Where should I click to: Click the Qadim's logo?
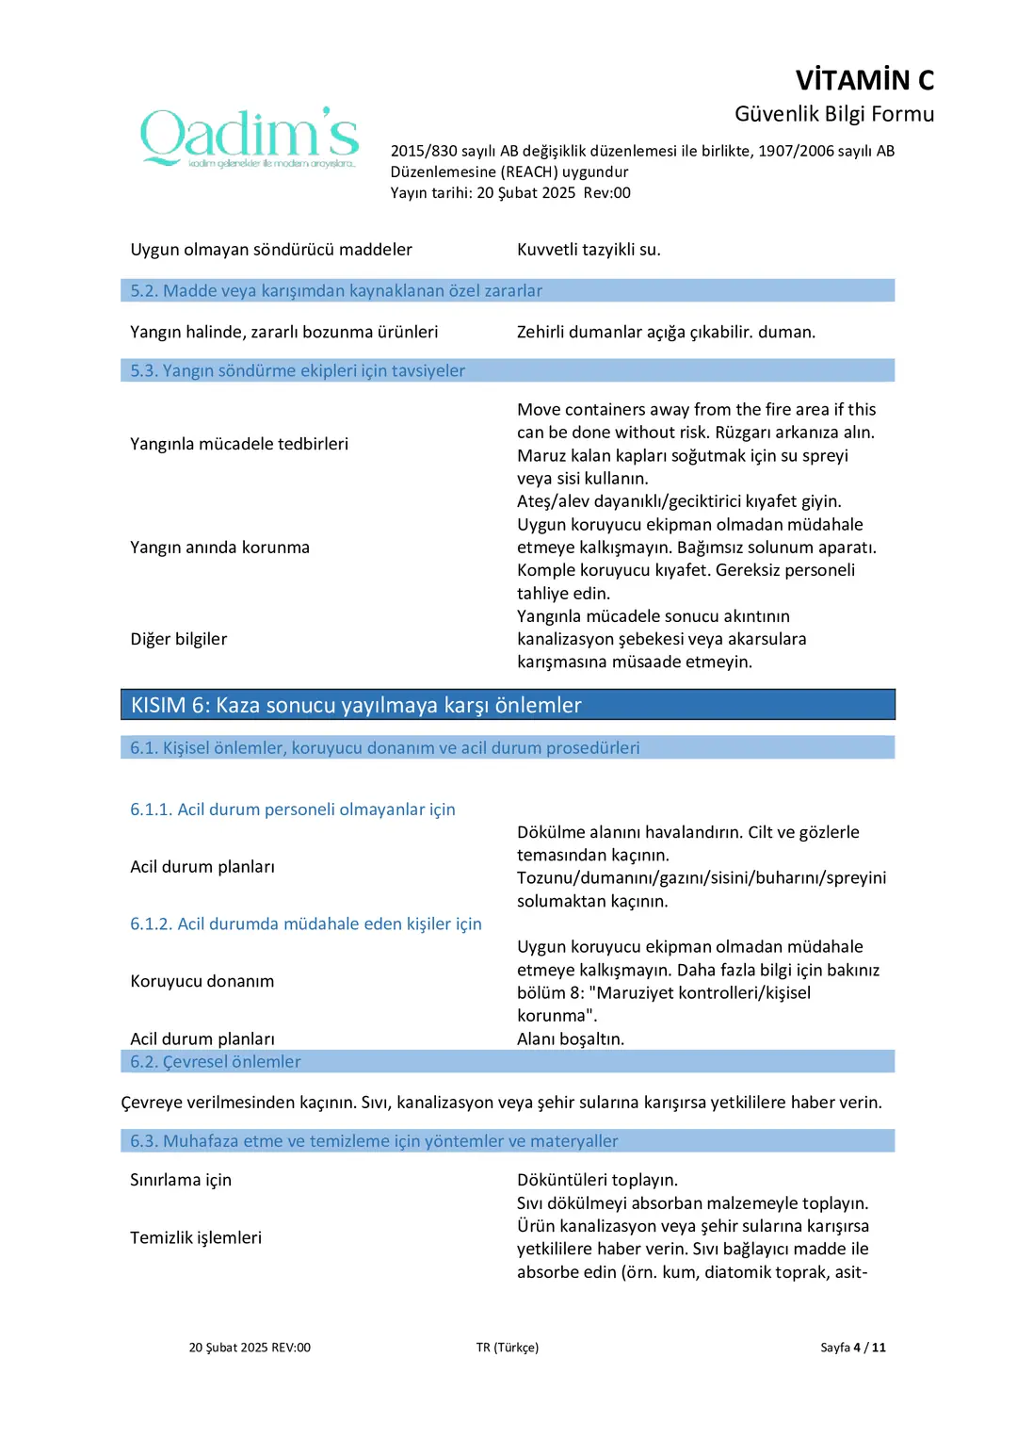point(250,138)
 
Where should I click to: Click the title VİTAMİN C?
point(864,80)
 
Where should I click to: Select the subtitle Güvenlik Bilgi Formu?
point(833,114)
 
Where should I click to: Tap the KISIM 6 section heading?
point(356,705)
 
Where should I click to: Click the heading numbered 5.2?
point(336,290)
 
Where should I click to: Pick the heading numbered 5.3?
point(298,370)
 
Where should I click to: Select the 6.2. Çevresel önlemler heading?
point(216,1061)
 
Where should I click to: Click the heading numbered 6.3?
point(374,1140)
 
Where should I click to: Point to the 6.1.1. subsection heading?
point(293,809)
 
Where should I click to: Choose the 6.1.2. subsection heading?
point(306,924)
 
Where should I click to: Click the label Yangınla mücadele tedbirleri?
point(239,444)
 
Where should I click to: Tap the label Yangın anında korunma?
point(219,548)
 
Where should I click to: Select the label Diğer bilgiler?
point(179,639)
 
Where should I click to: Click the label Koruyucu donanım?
point(202,981)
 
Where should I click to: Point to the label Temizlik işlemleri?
point(196,1237)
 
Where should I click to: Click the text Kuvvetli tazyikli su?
point(589,250)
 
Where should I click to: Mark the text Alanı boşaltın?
point(571,1038)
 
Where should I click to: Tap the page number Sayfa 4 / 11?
point(852,1348)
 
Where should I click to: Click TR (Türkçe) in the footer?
point(508,1348)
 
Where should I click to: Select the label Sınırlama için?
point(181,1180)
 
